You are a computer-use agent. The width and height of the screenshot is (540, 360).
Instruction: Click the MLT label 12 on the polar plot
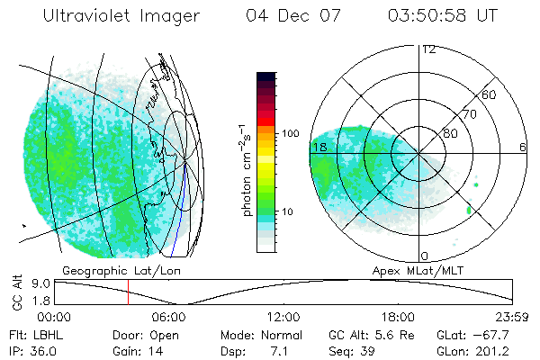coord(428,49)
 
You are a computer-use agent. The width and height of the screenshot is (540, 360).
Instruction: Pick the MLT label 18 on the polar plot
coord(319,147)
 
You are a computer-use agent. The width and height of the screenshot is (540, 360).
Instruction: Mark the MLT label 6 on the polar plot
coord(523,147)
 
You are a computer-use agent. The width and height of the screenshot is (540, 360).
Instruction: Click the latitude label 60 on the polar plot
coord(490,94)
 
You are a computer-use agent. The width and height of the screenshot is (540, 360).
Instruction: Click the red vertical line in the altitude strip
coord(128,292)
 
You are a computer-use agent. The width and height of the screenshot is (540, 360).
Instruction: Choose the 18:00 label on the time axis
coord(399,317)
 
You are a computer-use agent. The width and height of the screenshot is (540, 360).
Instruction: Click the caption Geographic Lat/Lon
coord(110,270)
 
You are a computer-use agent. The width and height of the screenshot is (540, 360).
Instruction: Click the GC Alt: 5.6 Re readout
coord(367,334)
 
